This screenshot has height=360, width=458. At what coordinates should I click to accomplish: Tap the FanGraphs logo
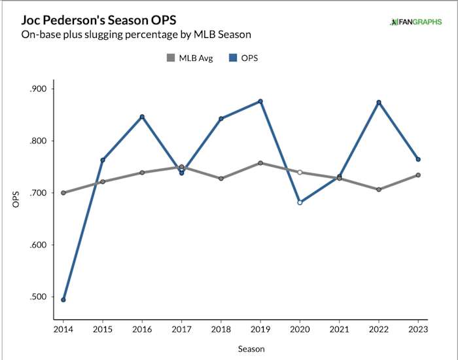(415, 22)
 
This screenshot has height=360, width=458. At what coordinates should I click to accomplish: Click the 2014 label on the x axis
(63, 331)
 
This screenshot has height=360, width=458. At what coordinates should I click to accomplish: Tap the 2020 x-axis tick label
(300, 331)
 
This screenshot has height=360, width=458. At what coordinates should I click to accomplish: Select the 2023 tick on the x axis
(418, 331)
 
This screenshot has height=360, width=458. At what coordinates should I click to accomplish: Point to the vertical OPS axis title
(16, 199)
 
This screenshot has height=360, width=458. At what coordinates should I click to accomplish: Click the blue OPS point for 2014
(63, 300)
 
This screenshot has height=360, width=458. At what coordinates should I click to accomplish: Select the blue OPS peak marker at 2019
(260, 101)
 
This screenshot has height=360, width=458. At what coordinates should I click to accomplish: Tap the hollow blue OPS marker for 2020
(300, 202)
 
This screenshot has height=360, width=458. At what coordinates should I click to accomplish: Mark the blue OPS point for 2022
(379, 103)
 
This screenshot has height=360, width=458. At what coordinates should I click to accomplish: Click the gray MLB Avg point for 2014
(63, 193)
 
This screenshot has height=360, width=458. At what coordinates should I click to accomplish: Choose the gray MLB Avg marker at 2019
(260, 163)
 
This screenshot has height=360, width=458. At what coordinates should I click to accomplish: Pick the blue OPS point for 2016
(142, 117)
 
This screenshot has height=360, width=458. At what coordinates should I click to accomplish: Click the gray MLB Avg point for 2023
(418, 175)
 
